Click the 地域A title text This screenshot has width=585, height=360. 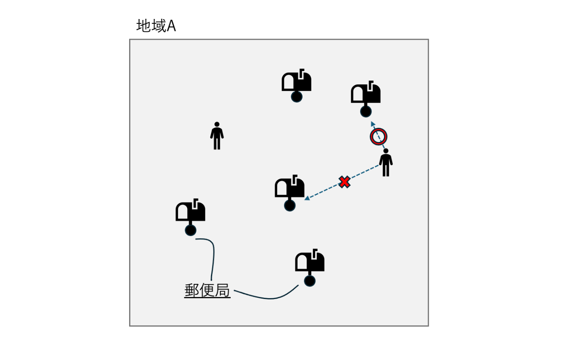tap(156, 26)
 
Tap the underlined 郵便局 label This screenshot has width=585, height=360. tap(207, 291)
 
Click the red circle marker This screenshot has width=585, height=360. tap(379, 137)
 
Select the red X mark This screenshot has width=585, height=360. tap(344, 182)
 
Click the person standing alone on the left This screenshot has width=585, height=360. tap(217, 136)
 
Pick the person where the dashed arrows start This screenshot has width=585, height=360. tap(386, 162)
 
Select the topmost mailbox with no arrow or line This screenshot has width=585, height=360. tap(297, 82)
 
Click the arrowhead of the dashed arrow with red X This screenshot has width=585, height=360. tap(307, 198)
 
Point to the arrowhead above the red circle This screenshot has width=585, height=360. tap(373, 124)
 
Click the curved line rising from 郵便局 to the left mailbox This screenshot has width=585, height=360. tap(213, 257)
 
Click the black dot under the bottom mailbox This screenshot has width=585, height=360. tap(310, 281)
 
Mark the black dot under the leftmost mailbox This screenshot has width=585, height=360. tap(191, 230)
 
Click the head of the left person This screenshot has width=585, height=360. tap(217, 124)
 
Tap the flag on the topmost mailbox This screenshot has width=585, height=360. tap(301, 73)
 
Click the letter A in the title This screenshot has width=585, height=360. tap(171, 26)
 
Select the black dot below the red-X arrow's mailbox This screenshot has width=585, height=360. tap(290, 205)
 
